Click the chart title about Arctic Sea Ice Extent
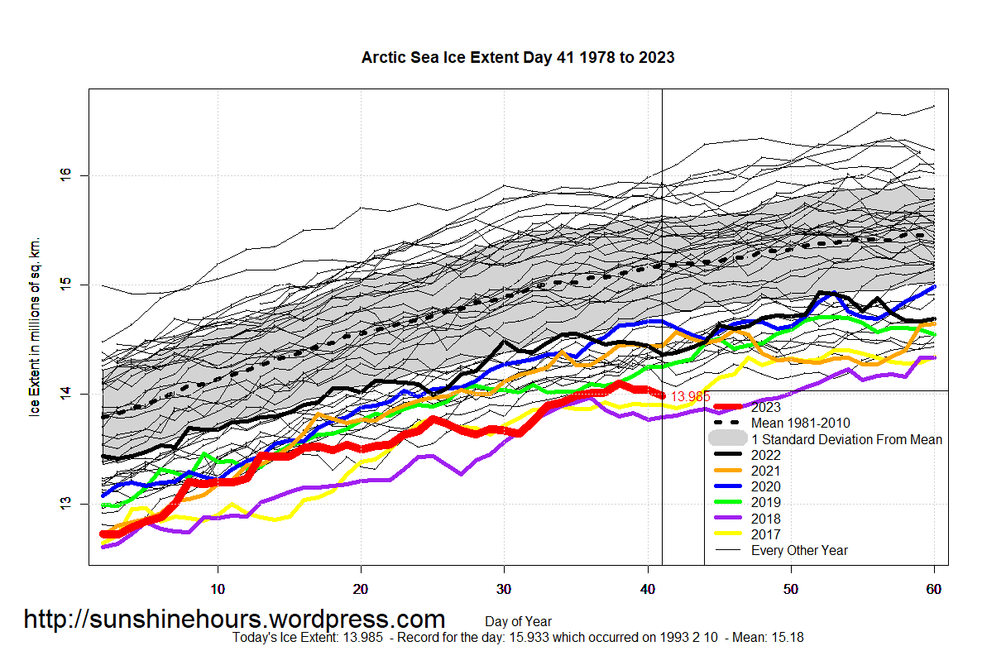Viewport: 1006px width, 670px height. [518, 58]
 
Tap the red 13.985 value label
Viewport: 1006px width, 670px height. [690, 397]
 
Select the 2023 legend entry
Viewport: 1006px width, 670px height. [765, 407]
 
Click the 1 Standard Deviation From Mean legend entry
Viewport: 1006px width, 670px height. [846, 439]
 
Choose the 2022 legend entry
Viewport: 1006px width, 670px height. [765, 455]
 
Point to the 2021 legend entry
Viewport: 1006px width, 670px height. [765, 471]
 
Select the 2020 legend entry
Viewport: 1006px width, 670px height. [765, 486]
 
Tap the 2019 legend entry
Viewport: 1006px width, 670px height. [765, 502]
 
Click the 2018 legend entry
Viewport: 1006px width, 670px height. [765, 519]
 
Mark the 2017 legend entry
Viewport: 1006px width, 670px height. [765, 534]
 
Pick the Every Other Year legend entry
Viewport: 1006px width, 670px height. [799, 550]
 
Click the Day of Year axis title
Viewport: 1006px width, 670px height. [518, 621]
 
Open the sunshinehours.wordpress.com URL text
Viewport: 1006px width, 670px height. [234, 619]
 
